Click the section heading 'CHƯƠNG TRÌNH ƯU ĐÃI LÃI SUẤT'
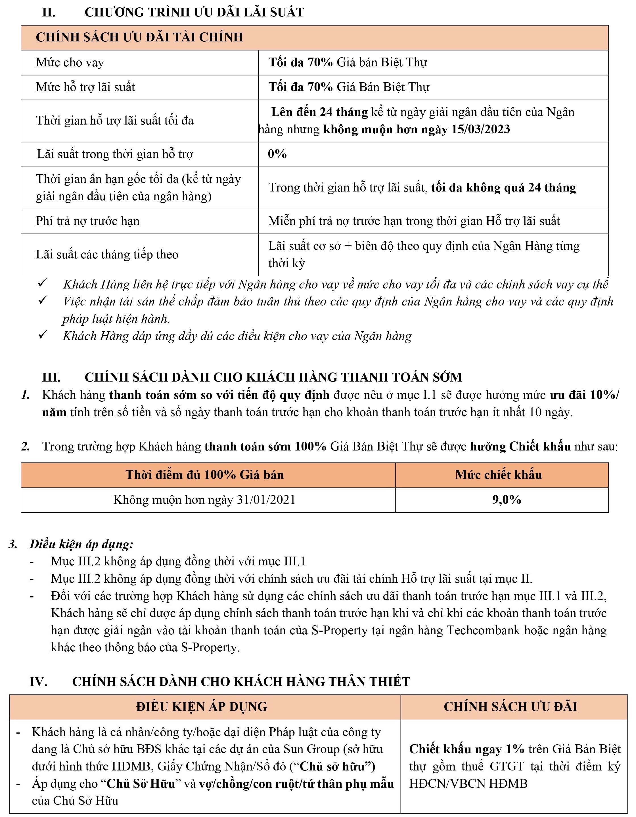(194, 12)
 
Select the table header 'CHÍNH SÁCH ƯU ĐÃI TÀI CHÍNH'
(139, 37)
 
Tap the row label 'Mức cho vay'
(70, 62)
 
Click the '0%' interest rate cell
(277, 154)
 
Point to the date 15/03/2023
(481, 129)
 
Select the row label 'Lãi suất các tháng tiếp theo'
(107, 255)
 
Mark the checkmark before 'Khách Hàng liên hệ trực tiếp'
(42, 283)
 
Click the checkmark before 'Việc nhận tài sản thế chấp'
(42, 300)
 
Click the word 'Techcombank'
(489, 630)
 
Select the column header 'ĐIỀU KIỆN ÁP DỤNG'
(202, 707)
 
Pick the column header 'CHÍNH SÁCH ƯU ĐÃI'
(510, 707)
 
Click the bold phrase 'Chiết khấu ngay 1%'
(466, 749)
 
